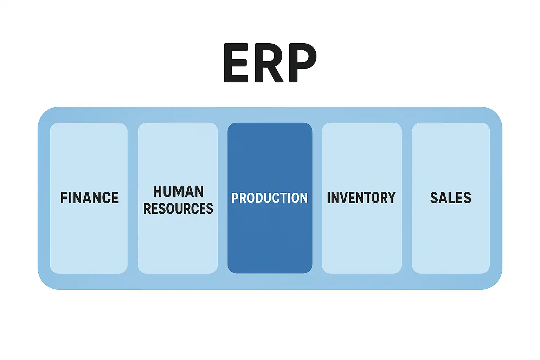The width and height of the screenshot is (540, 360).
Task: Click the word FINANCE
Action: click(x=89, y=198)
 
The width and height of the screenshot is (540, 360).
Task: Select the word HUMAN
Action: click(x=178, y=192)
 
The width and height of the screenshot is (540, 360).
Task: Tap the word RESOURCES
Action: click(x=178, y=209)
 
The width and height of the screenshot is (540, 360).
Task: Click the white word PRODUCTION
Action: click(x=270, y=198)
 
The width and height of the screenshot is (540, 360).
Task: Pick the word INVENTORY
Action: click(x=361, y=198)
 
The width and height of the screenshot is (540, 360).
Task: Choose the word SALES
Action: click(x=451, y=198)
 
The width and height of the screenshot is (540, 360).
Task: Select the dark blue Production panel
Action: click(x=270, y=239)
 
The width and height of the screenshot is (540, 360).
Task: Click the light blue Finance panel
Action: click(x=89, y=239)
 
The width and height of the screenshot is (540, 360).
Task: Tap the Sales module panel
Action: click(x=451, y=239)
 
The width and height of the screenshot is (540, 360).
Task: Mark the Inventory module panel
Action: click(x=361, y=239)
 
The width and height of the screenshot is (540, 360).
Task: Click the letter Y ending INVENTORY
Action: click(x=391, y=198)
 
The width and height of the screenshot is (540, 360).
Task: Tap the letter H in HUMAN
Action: click(x=157, y=192)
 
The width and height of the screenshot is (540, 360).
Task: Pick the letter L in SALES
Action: click(x=451, y=198)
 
